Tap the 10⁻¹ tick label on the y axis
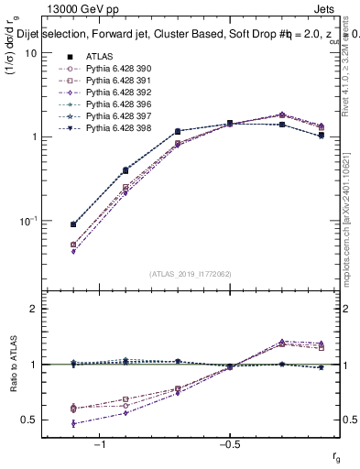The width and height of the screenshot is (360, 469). tap(27, 221)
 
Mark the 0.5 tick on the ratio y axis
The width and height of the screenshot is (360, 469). tap(29, 420)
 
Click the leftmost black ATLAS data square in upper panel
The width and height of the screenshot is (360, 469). tap(73, 224)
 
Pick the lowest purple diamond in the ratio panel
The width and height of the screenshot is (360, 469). tap(73, 423)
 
